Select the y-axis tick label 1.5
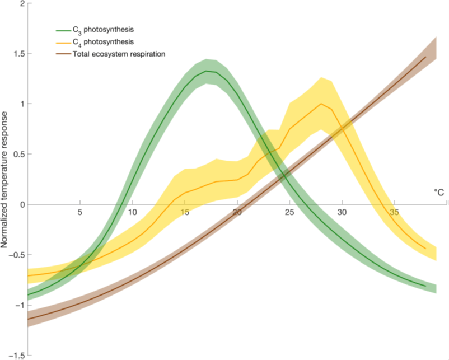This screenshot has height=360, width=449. click(x=19, y=54)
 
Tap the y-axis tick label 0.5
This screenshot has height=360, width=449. click(x=19, y=155)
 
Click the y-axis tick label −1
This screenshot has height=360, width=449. click(x=20, y=306)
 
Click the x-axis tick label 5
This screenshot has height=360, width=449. click(x=80, y=212)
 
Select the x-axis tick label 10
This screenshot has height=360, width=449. click(x=133, y=212)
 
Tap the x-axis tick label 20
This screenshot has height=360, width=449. click(x=237, y=212)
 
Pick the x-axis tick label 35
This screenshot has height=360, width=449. click(x=394, y=212)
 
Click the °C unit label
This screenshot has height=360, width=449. click(x=439, y=193)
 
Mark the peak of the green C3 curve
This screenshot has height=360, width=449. click(x=207, y=71)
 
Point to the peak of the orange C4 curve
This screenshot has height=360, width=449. click(x=321, y=104)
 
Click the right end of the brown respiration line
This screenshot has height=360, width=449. click(x=426, y=57)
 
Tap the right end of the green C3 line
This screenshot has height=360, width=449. click(x=426, y=286)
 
